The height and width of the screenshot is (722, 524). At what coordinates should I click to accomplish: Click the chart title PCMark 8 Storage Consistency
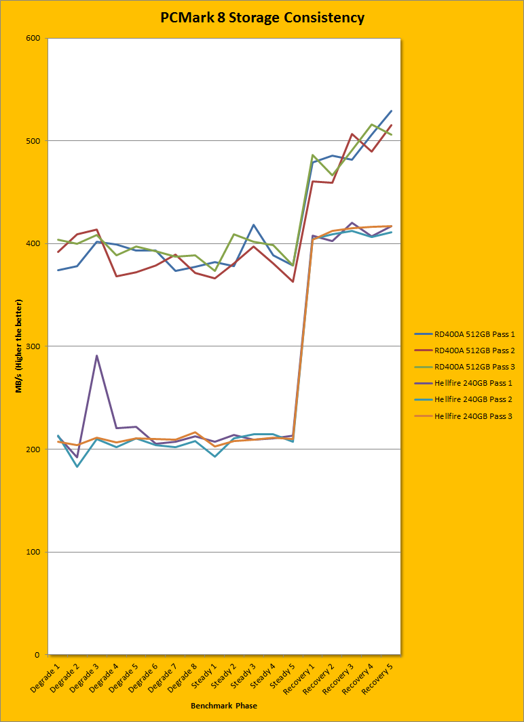point(262,18)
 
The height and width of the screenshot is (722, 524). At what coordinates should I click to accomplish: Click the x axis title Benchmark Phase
point(224,706)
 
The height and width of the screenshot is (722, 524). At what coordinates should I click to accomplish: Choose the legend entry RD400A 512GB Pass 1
point(473,334)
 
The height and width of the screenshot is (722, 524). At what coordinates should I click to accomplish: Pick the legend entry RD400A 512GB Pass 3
point(473,367)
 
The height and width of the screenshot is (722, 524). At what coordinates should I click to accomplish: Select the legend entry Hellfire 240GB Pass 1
point(473,383)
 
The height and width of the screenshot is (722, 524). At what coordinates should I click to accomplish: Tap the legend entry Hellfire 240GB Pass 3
point(473,416)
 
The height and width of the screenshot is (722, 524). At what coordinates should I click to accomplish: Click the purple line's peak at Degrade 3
point(96,355)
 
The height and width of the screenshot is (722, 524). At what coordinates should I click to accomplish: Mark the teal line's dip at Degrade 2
point(77,466)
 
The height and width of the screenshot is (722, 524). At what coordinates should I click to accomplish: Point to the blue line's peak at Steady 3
point(253,225)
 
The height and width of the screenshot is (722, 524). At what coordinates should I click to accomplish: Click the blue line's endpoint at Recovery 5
point(391,111)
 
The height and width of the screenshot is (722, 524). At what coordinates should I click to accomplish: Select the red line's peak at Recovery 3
point(352,134)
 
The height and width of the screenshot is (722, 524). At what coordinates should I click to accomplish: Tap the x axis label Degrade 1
point(48,679)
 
